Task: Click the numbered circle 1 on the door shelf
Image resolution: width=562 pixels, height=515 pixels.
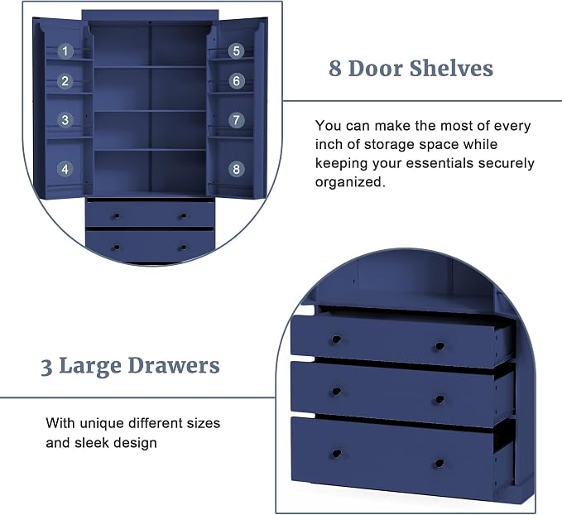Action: pyautogui.click(x=65, y=51)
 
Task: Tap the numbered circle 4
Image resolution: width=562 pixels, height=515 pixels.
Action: pyautogui.click(x=65, y=169)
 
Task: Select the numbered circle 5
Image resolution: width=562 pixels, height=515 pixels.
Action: pyautogui.click(x=236, y=51)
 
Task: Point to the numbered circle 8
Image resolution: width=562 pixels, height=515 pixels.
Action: pyautogui.click(x=236, y=169)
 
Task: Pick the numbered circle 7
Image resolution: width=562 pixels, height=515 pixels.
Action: pyautogui.click(x=236, y=120)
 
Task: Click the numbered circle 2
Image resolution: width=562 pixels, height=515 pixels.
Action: pyautogui.click(x=65, y=81)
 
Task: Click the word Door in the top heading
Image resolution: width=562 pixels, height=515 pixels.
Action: pyautogui.click(x=376, y=68)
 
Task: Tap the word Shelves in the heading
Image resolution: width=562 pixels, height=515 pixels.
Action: pyautogui.click(x=452, y=68)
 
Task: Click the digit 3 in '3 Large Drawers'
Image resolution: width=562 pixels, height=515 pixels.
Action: pyautogui.click(x=46, y=368)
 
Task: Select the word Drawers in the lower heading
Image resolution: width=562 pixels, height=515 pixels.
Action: pyautogui.click(x=174, y=366)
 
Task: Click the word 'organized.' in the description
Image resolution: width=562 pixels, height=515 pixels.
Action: pyautogui.click(x=350, y=182)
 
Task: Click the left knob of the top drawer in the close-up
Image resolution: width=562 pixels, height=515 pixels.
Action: pyautogui.click(x=336, y=339)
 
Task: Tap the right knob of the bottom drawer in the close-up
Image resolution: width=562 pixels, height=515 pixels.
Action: pyautogui.click(x=440, y=464)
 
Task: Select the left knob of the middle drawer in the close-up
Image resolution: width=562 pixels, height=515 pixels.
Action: pyautogui.click(x=336, y=392)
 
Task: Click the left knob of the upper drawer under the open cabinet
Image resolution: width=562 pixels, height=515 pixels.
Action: pyautogui.click(x=117, y=216)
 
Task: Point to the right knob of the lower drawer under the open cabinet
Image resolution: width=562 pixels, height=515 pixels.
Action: pyautogui.click(x=184, y=248)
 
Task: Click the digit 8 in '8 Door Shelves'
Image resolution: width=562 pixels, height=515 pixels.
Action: pyautogui.click(x=335, y=68)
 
